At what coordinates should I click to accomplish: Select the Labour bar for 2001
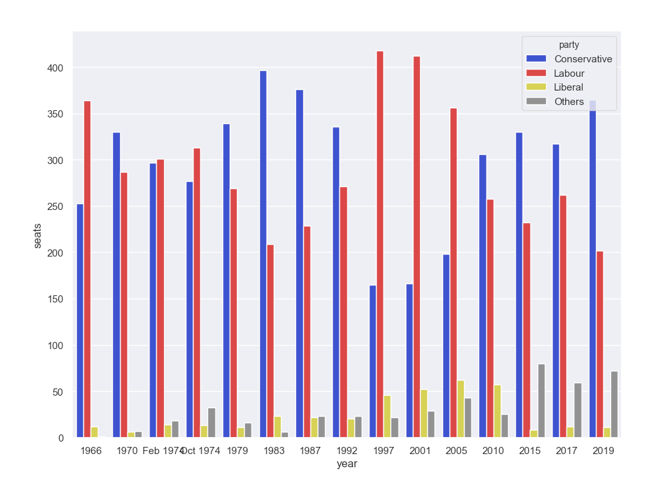pyautogui.click(x=417, y=247)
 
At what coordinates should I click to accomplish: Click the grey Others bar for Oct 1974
pyautogui.click(x=212, y=423)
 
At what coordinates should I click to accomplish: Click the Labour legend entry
pyautogui.click(x=569, y=73)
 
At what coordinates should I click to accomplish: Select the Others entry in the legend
pyautogui.click(x=568, y=101)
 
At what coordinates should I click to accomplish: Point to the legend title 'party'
pyautogui.click(x=568, y=45)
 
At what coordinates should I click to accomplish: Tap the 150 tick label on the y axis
pyautogui.click(x=55, y=299)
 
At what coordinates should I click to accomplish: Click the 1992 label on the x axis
pyautogui.click(x=347, y=451)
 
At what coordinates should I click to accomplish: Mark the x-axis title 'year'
pyautogui.click(x=347, y=464)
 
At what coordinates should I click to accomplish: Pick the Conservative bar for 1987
pyautogui.click(x=300, y=263)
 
